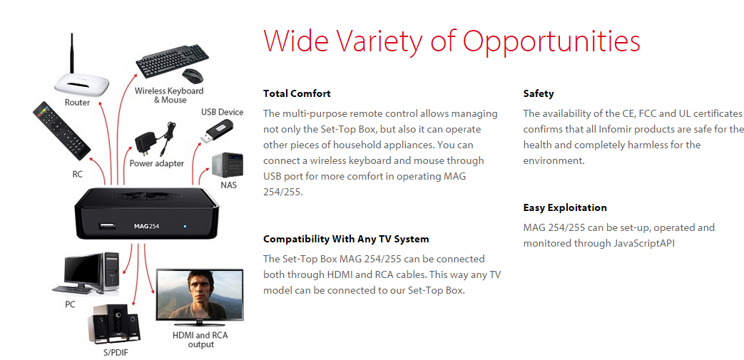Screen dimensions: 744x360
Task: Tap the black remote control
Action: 61,130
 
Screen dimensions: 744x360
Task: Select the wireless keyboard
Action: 172,61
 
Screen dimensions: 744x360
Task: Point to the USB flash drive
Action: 216,132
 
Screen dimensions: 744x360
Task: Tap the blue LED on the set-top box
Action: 185,225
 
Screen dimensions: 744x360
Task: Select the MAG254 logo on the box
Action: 146,226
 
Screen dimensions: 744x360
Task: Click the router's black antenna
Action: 73,53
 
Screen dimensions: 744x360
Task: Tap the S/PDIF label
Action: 116,352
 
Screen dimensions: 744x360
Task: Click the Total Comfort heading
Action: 297,93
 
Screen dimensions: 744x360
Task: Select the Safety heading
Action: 539,94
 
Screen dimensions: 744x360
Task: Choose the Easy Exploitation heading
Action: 565,207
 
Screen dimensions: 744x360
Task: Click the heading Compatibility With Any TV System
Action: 347,239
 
